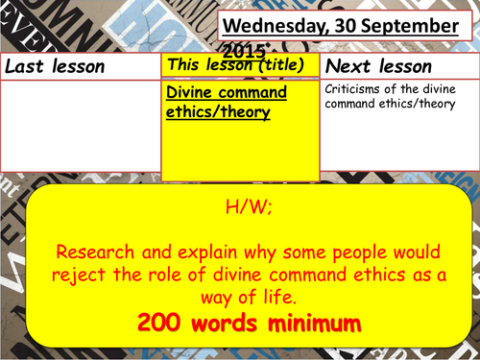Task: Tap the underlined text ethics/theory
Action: (x=217, y=111)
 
